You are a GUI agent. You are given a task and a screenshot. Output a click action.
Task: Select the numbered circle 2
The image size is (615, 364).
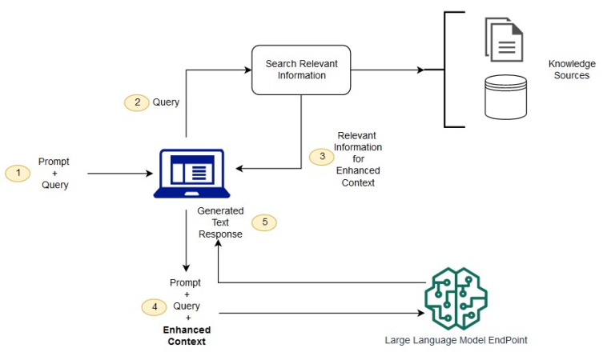136,102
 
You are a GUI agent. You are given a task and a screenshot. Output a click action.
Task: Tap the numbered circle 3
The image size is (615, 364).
322,157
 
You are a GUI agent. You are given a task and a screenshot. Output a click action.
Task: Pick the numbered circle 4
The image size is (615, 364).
154,306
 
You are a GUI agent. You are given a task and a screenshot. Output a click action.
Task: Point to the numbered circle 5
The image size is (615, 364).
264,222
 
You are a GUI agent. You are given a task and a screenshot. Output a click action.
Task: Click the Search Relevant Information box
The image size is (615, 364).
301,70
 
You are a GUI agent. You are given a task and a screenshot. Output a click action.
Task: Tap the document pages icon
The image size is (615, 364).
504,38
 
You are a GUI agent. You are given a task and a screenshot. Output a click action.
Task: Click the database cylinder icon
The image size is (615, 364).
504,97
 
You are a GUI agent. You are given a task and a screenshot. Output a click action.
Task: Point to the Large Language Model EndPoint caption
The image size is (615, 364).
456,340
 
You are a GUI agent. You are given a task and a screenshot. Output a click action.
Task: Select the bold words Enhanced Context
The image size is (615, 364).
187,336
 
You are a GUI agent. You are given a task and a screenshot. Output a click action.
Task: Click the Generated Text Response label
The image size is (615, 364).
220,223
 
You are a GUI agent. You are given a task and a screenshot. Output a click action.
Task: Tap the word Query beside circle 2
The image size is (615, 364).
166,102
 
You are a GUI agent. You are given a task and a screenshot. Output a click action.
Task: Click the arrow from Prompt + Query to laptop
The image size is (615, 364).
120,173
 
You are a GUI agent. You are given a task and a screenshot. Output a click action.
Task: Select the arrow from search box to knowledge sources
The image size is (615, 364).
388,70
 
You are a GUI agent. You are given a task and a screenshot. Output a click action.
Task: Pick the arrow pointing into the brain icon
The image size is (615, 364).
320,314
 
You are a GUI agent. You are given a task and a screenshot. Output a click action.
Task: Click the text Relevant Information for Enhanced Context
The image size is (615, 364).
358,159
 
